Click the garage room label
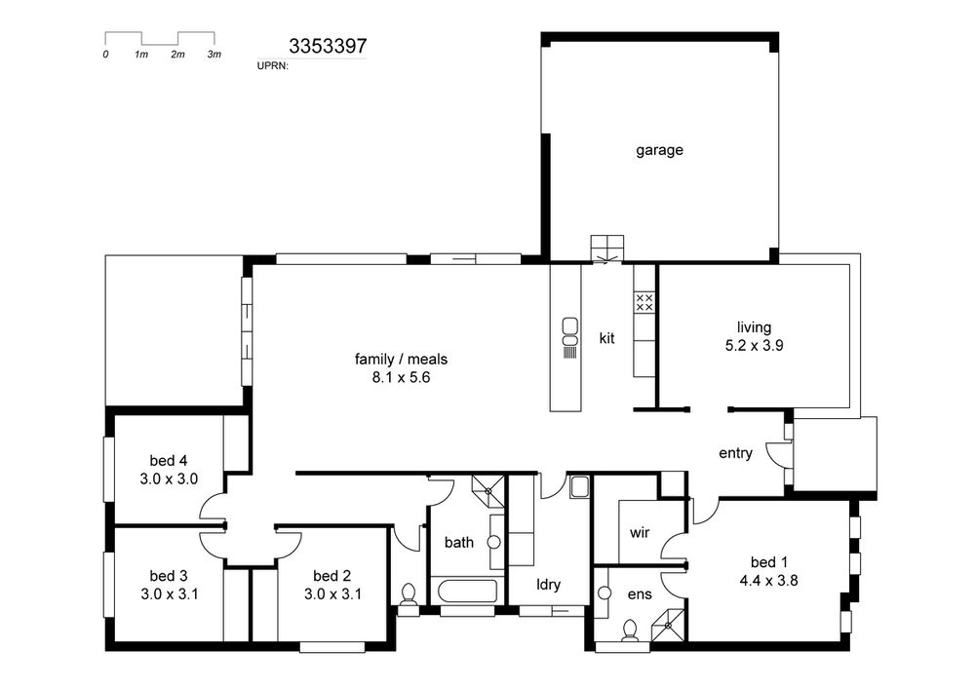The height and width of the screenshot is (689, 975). pyautogui.click(x=659, y=150)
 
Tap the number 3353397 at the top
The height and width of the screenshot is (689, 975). pyautogui.click(x=328, y=46)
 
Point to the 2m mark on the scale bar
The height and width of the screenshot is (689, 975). pyautogui.click(x=177, y=55)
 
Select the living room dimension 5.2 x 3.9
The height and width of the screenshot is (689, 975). pyautogui.click(x=754, y=345)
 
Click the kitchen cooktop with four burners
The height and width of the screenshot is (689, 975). pyautogui.click(x=644, y=302)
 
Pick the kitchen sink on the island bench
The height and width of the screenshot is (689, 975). pyautogui.click(x=569, y=331)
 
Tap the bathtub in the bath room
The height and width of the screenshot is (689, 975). pyautogui.click(x=467, y=591)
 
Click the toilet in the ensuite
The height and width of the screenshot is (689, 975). pyautogui.click(x=630, y=630)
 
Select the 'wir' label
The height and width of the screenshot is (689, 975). pyautogui.click(x=640, y=532)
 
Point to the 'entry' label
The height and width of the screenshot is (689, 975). pyautogui.click(x=735, y=453)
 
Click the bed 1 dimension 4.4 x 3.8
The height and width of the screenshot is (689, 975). pyautogui.click(x=768, y=581)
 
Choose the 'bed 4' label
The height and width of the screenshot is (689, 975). pyautogui.click(x=168, y=461)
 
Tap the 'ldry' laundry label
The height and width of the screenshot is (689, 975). pyautogui.click(x=548, y=585)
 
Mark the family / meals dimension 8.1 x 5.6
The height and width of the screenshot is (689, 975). pyautogui.click(x=401, y=377)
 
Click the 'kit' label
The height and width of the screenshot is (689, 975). pyautogui.click(x=606, y=338)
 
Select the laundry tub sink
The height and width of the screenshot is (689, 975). pyautogui.click(x=579, y=487)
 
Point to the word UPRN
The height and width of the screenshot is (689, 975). pyautogui.click(x=273, y=65)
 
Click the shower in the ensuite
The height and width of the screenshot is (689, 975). pyautogui.click(x=667, y=625)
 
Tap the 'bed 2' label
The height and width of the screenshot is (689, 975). pyautogui.click(x=332, y=576)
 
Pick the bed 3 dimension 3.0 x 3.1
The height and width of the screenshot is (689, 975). pyautogui.click(x=169, y=593)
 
